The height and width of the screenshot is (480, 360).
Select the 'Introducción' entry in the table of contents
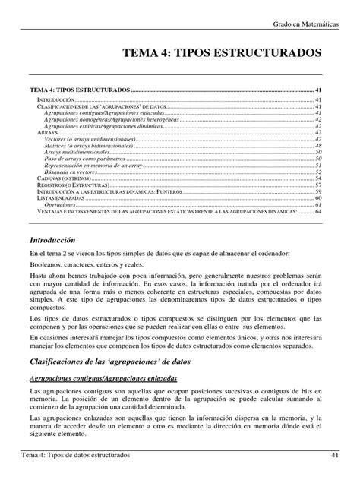click(x=56, y=100)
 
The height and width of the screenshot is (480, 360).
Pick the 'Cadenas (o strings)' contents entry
click(x=64, y=178)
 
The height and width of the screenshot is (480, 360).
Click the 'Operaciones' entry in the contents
click(x=59, y=205)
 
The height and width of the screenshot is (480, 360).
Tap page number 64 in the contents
click(x=321, y=212)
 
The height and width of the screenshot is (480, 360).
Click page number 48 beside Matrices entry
click(x=321, y=145)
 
